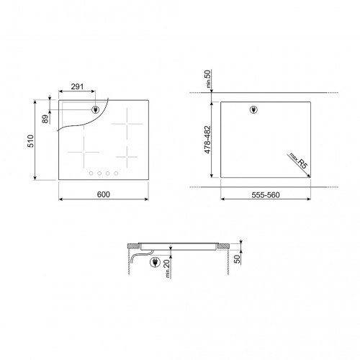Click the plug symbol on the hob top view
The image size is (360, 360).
tap(95, 110)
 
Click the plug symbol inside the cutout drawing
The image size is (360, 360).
tap(252, 110)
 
